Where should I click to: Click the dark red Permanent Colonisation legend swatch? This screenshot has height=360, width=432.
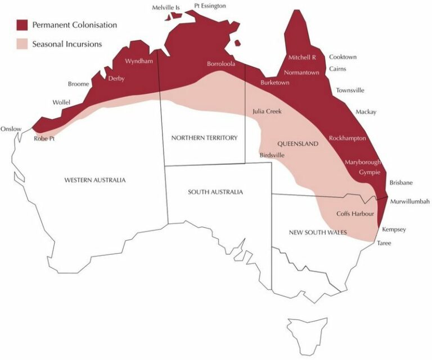click(22, 25)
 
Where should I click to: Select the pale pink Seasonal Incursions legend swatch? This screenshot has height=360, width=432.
click(22, 43)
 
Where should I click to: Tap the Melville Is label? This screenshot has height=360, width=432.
click(166, 7)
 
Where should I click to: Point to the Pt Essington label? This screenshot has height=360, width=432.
click(210, 6)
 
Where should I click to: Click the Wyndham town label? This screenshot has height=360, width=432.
click(138, 61)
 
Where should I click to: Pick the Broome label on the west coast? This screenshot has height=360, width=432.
click(79, 84)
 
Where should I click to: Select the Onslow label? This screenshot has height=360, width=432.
click(11, 129)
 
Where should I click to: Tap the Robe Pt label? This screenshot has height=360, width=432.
click(44, 138)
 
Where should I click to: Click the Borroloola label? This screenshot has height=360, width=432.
click(221, 64)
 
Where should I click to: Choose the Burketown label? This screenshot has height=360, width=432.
click(275, 83)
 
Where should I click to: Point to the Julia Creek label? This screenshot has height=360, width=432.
click(267, 111)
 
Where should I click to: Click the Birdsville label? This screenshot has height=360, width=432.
click(273, 155)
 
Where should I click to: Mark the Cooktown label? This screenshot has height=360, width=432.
click(343, 57)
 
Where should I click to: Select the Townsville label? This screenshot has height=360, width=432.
click(350, 90)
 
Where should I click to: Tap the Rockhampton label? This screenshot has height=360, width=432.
click(347, 138)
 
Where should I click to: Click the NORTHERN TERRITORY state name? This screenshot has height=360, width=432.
click(205, 138)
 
